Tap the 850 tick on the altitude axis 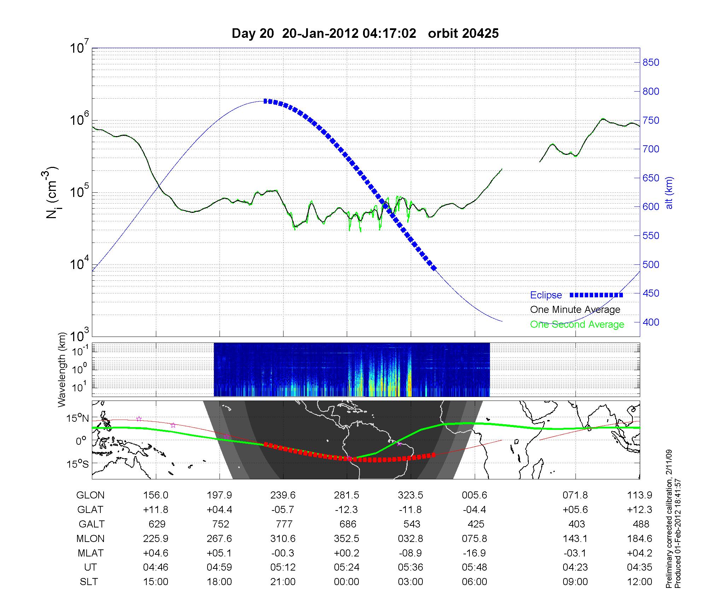651,63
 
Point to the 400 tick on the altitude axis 651,322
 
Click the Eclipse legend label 546,295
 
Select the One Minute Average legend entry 575,310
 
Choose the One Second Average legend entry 577,325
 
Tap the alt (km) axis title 670,193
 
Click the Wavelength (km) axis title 62,369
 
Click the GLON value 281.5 346,495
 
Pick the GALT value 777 283,524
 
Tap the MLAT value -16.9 474,553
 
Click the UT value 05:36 410,567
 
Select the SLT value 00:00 346,582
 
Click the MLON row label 90,538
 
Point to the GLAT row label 90,510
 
